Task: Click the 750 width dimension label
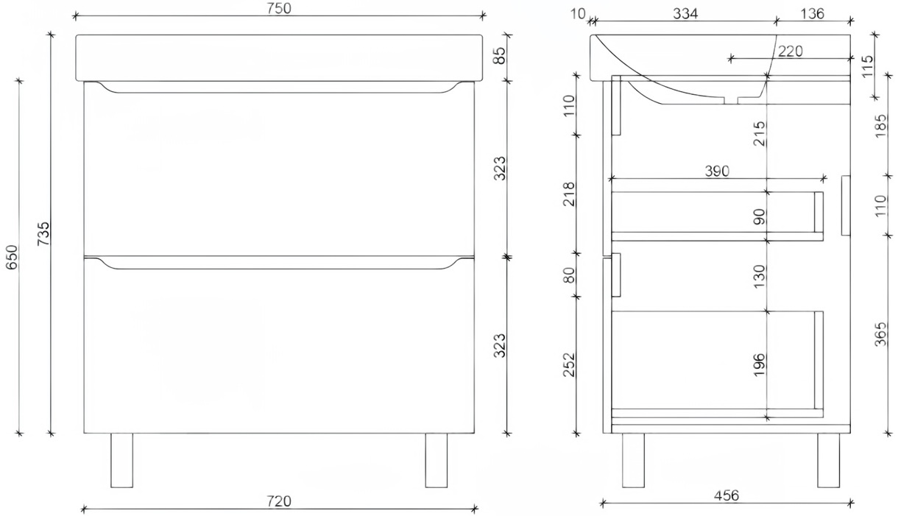point(279,9)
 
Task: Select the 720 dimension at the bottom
point(279,501)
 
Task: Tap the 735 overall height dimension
point(43,234)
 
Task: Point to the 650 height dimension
point(10,256)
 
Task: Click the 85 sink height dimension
point(500,56)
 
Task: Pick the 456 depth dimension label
point(724,496)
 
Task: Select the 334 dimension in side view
point(685,14)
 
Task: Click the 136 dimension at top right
point(811,14)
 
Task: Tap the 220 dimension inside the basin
point(788,51)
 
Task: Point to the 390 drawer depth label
point(716,172)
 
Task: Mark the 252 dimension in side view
point(570,364)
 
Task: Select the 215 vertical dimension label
point(760,135)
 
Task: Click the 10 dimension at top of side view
point(579,14)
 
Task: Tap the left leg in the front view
point(121,460)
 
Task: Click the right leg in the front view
point(437,460)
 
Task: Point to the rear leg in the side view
point(828,460)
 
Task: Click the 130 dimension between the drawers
point(760,274)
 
